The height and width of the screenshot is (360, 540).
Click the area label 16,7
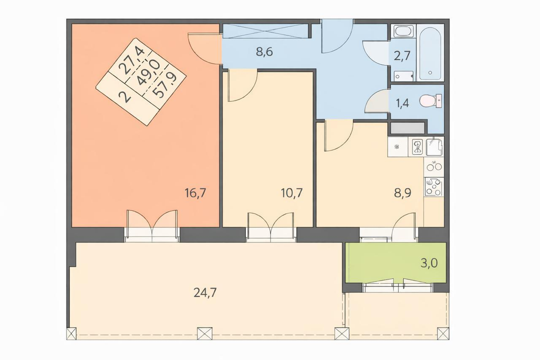tap(195, 193)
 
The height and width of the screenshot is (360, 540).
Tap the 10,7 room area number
tap(291, 193)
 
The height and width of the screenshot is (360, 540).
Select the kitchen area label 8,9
tap(402, 193)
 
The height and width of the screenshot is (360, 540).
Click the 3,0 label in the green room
tap(429, 263)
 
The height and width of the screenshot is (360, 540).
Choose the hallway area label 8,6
tap(264, 52)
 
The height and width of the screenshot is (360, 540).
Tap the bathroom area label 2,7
tap(402, 55)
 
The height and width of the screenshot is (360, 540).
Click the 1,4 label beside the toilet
tap(402, 103)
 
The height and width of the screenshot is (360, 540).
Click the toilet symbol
tap(431, 101)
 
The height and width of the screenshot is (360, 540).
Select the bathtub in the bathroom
tap(430, 52)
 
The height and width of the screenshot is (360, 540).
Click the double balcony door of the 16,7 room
tap(152, 224)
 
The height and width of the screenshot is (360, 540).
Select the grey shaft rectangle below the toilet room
tap(408, 128)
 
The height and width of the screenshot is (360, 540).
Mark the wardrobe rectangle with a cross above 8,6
tap(265, 30)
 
